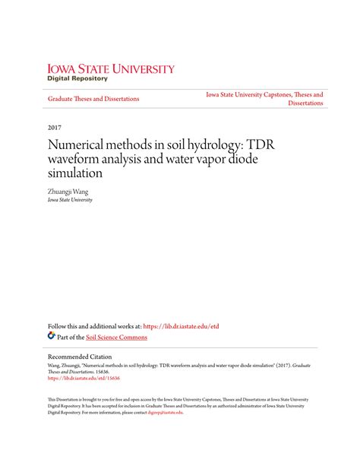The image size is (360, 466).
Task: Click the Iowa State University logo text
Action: coord(111,68)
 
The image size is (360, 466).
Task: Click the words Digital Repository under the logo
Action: coord(77,78)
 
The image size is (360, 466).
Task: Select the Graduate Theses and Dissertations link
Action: coord(93,99)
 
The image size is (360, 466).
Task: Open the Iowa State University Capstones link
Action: coord(264,95)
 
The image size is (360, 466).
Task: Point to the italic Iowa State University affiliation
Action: coord(70,200)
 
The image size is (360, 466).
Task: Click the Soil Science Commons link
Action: coord(116,337)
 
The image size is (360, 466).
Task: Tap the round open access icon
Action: coord(52,336)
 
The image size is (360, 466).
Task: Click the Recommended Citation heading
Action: coord(80,357)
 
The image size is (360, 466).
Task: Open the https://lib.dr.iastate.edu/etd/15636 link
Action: coord(84,378)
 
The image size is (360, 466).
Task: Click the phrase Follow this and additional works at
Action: coord(94,326)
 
